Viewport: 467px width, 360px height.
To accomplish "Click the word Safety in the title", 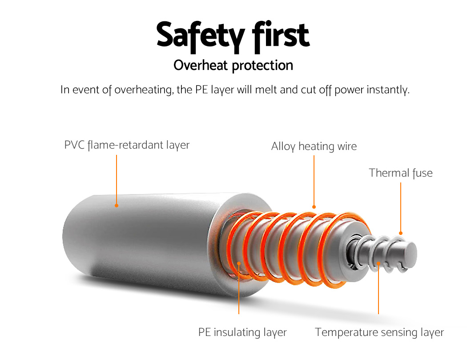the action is coord(201,36).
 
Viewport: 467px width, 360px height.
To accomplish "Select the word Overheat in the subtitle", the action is coord(201,65).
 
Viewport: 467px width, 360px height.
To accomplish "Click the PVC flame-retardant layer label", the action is coord(127,145).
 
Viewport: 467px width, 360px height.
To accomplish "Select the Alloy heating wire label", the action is coord(314,146).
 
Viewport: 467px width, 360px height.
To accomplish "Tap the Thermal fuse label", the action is coord(401,173).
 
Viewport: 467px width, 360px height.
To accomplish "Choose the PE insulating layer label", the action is coord(242,332).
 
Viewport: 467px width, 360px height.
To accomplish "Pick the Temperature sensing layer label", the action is coord(379,332).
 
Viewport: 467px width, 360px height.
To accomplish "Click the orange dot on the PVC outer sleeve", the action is coord(117,206).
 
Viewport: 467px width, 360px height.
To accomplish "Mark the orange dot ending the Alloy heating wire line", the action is coord(314,207).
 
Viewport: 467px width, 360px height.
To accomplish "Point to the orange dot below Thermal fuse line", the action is coord(401,233).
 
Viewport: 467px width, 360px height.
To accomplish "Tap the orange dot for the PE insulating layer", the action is coord(239,263).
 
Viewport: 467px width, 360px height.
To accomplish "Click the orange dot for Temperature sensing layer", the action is coord(378,263).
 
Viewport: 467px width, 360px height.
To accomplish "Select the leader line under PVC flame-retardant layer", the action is coord(117,179).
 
